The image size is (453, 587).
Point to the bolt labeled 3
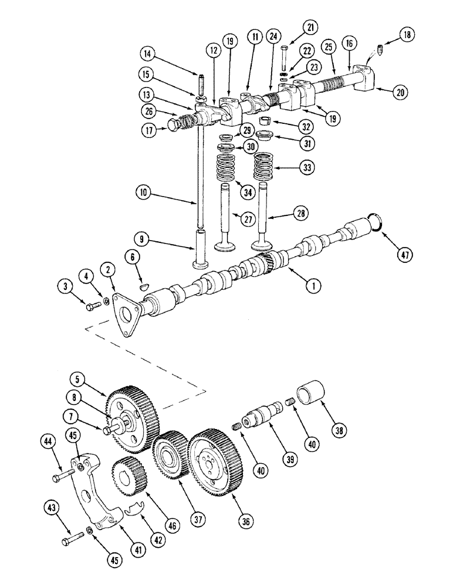[x=91, y=306]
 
